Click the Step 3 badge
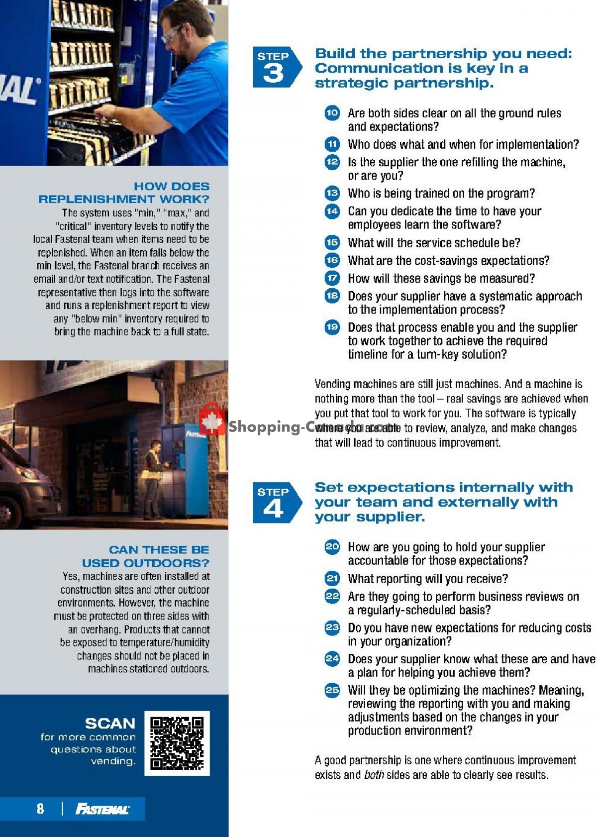click(x=276, y=68)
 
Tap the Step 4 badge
click(x=276, y=503)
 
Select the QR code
click(x=177, y=743)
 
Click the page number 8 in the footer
click(x=40, y=809)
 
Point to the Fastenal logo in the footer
click(x=102, y=809)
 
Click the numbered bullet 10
click(x=332, y=113)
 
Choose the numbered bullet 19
click(x=332, y=327)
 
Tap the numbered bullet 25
click(x=332, y=690)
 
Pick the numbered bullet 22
click(x=332, y=596)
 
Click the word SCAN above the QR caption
click(x=110, y=723)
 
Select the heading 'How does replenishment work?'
click(x=124, y=193)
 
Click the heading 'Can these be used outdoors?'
click(x=146, y=556)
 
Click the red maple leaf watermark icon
click(x=212, y=419)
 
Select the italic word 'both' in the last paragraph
click(x=374, y=775)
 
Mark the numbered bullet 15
click(x=332, y=243)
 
